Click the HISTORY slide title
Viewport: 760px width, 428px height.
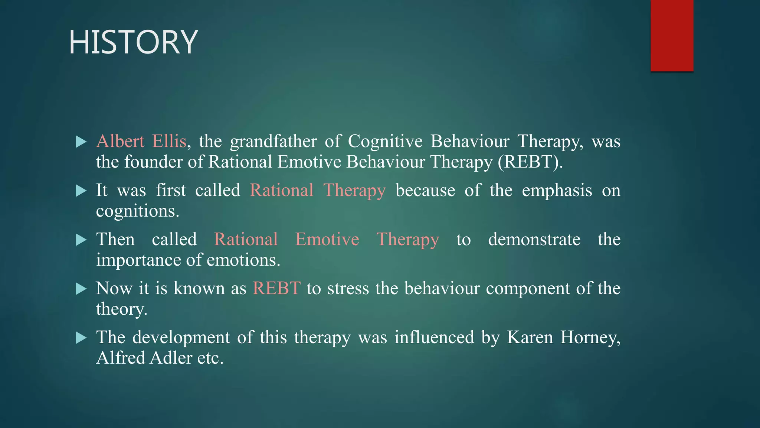(x=133, y=42)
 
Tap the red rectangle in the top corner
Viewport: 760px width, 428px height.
(x=672, y=35)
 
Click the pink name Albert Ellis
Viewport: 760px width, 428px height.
(x=141, y=142)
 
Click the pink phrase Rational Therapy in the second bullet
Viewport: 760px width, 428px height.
(x=318, y=191)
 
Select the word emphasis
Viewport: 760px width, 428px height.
(x=557, y=191)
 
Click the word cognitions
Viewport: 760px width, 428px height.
(x=137, y=211)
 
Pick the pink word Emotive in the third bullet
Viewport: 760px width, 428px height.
(x=327, y=240)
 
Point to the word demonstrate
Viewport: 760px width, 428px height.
(x=534, y=240)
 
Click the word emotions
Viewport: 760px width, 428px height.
(x=243, y=260)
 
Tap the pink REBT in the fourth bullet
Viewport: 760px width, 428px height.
(x=276, y=289)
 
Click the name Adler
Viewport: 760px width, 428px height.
(x=171, y=358)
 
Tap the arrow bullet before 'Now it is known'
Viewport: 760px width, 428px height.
(x=81, y=289)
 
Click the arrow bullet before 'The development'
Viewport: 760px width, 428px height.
(x=81, y=338)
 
